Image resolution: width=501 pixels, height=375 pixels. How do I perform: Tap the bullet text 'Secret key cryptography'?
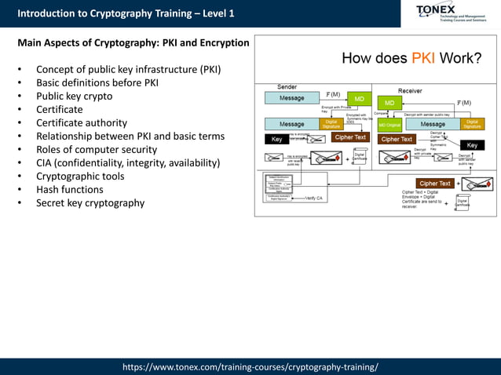pyautogui.click(x=90, y=202)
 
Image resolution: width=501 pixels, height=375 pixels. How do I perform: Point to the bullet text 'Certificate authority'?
pyautogui.click(x=82, y=122)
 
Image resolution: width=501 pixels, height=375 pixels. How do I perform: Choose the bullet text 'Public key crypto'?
pyautogui.click(x=75, y=96)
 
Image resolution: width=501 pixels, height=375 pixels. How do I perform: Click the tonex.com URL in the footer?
pyautogui.click(x=250, y=366)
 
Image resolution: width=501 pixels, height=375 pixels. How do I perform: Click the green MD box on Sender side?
pyautogui.click(x=359, y=99)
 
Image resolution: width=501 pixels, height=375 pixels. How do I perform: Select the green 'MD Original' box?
pyautogui.click(x=389, y=124)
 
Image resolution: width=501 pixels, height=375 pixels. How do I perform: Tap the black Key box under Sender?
pyautogui.click(x=276, y=139)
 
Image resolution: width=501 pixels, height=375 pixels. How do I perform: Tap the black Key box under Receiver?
pyautogui.click(x=472, y=145)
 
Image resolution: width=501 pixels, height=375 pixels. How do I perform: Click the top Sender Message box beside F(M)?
pyautogui.click(x=291, y=98)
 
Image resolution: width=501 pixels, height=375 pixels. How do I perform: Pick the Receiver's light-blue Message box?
pyautogui.click(x=432, y=124)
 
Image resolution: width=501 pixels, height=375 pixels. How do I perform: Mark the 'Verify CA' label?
pyautogui.click(x=313, y=198)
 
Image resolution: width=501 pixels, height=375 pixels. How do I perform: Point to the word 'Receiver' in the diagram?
pyautogui.click(x=410, y=91)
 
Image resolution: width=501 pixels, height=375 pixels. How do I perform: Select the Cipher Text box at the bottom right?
pyautogui.click(x=434, y=184)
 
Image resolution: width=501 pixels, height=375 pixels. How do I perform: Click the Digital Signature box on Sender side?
pyautogui.click(x=331, y=124)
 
